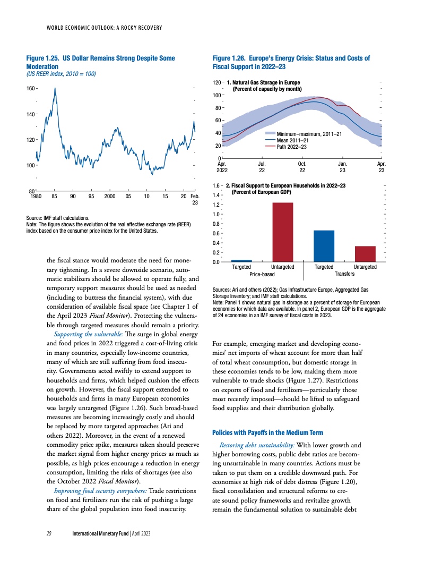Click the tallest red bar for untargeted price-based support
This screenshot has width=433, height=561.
pyautogui.click(x=282, y=232)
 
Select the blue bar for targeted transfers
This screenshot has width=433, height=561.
pyautogui.click(x=324, y=246)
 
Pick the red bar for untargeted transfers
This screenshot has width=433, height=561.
pyautogui.click(x=365, y=254)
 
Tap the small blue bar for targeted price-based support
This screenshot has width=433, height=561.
pyautogui.click(x=241, y=261)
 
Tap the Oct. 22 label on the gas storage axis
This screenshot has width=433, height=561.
pyautogui.click(x=302, y=167)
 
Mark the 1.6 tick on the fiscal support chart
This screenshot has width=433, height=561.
pyautogui.click(x=216, y=186)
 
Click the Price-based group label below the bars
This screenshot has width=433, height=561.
pyautogui.click(x=262, y=274)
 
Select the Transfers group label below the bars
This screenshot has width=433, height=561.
pyautogui.click(x=344, y=274)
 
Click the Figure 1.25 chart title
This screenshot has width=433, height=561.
pyautogui.click(x=100, y=62)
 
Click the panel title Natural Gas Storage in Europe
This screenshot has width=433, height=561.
pyautogui.click(x=266, y=83)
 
